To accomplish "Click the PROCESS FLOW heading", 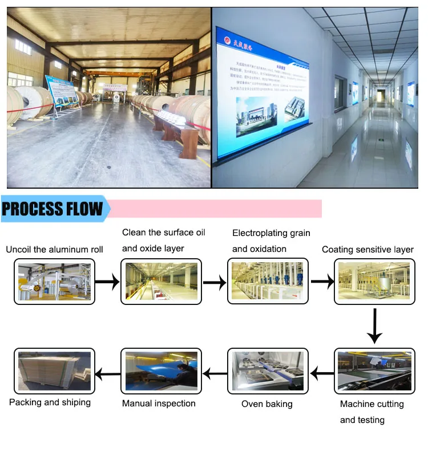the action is click(x=53, y=209).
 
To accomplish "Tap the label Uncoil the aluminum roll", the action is click(x=54, y=250).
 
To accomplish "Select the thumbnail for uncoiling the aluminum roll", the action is click(x=54, y=281).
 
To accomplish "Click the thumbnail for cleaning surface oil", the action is click(x=161, y=281).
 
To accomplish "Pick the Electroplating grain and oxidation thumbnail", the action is click(x=268, y=280).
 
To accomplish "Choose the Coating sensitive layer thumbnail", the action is click(x=374, y=280).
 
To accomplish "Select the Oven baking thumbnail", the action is click(x=268, y=373).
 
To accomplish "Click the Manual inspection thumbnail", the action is click(x=161, y=373).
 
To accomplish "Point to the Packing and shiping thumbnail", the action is click(x=54, y=373).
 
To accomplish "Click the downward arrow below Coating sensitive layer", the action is click(x=374, y=325).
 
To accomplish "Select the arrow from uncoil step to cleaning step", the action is click(x=107, y=281).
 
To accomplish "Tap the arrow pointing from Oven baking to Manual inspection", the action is click(x=215, y=374).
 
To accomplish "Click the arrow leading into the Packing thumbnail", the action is click(x=107, y=374).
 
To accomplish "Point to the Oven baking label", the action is click(x=267, y=404).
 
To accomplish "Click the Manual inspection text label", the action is click(x=159, y=404).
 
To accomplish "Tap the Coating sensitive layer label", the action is click(x=368, y=250).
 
